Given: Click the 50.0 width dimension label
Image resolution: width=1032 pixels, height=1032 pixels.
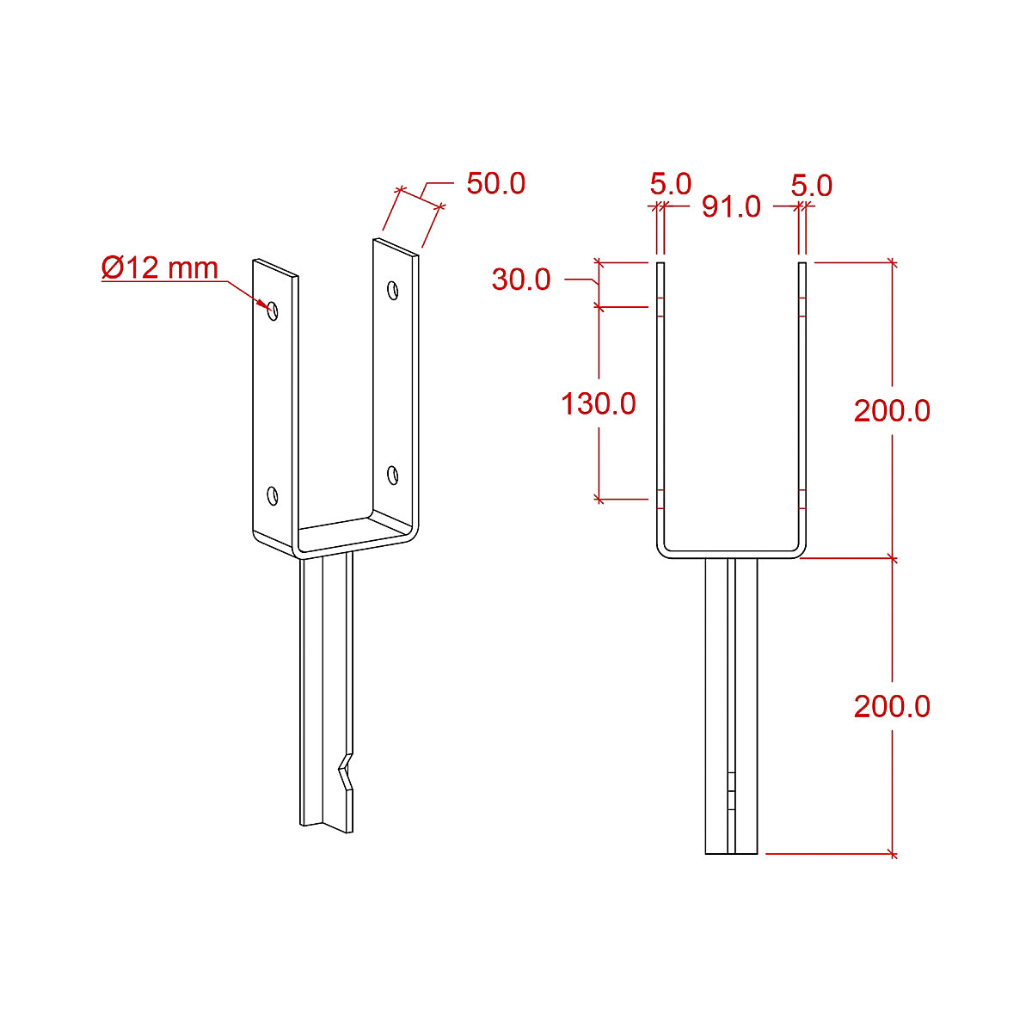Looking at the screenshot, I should click(495, 184).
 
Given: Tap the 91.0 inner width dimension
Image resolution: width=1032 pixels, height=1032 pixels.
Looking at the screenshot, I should click(731, 206).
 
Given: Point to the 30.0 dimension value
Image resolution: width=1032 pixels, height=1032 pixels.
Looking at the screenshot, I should click(521, 279).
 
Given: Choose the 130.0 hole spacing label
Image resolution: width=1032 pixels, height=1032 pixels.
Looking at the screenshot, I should click(599, 403).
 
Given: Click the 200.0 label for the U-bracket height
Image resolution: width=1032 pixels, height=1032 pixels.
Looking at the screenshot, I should click(892, 411).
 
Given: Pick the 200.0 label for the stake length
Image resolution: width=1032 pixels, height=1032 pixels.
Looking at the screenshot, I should click(892, 707).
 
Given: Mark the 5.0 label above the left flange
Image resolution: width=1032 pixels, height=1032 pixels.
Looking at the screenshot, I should click(670, 184).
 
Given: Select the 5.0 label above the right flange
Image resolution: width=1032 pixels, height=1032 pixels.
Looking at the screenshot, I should click(812, 186).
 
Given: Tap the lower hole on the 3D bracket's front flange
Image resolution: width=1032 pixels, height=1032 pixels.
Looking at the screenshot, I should click(273, 495).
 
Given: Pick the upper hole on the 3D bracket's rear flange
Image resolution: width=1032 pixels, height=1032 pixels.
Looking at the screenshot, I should click(392, 291).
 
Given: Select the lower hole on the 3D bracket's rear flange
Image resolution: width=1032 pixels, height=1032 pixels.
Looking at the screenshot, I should click(392, 474).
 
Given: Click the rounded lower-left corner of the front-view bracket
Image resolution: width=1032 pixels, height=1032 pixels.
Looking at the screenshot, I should click(663, 550).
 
